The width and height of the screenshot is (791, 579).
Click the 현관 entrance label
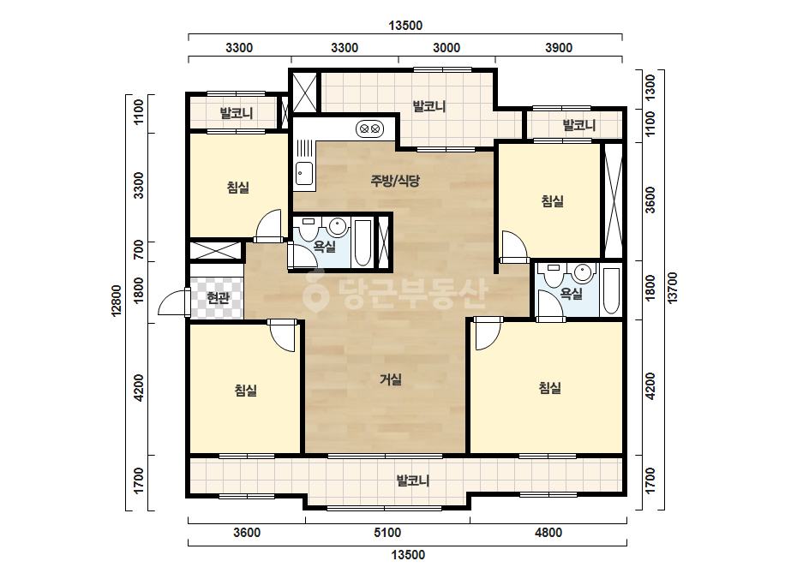point(219,298)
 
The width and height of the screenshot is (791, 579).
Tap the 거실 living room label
point(391,379)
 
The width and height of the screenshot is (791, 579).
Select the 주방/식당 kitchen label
point(395,181)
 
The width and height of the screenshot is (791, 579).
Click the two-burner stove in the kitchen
point(369,129)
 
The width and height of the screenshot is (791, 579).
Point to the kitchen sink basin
point(303,174)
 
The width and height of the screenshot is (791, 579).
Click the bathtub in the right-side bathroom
point(611,291)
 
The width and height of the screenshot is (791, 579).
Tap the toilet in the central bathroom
point(308,230)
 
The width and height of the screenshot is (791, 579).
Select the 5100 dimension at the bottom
point(387,533)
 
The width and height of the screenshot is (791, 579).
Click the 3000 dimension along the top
point(446,48)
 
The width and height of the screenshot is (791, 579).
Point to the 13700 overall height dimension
point(673,288)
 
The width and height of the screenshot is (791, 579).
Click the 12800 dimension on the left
point(117,301)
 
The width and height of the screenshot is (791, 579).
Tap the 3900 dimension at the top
point(559,48)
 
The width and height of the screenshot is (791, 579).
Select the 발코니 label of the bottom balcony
point(413,481)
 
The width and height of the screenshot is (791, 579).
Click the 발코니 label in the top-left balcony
point(236,113)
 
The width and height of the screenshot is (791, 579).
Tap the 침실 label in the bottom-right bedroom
point(550,388)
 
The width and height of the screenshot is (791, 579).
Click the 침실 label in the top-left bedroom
point(238,188)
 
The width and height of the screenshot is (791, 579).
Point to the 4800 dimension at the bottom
point(548,533)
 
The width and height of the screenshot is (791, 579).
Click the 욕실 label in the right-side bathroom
point(572,294)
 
